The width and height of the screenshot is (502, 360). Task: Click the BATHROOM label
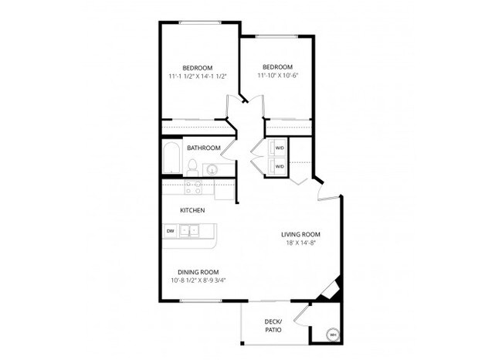(x=204, y=148)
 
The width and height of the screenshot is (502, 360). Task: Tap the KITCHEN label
(x=192, y=210)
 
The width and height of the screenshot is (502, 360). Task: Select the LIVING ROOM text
(x=300, y=234)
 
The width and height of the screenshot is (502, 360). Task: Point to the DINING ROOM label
(x=198, y=272)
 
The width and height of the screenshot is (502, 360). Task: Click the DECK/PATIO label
(x=273, y=325)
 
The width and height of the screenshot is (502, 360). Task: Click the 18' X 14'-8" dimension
(x=300, y=243)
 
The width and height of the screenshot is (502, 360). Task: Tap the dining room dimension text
(x=198, y=280)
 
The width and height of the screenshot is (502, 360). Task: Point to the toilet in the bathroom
(x=192, y=167)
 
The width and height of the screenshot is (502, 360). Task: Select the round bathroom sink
(x=211, y=169)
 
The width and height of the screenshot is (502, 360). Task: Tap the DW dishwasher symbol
(x=170, y=230)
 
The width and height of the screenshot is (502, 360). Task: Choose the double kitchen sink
(x=189, y=230)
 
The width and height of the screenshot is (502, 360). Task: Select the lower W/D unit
(x=279, y=166)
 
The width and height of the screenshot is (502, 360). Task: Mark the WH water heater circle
(x=332, y=335)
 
